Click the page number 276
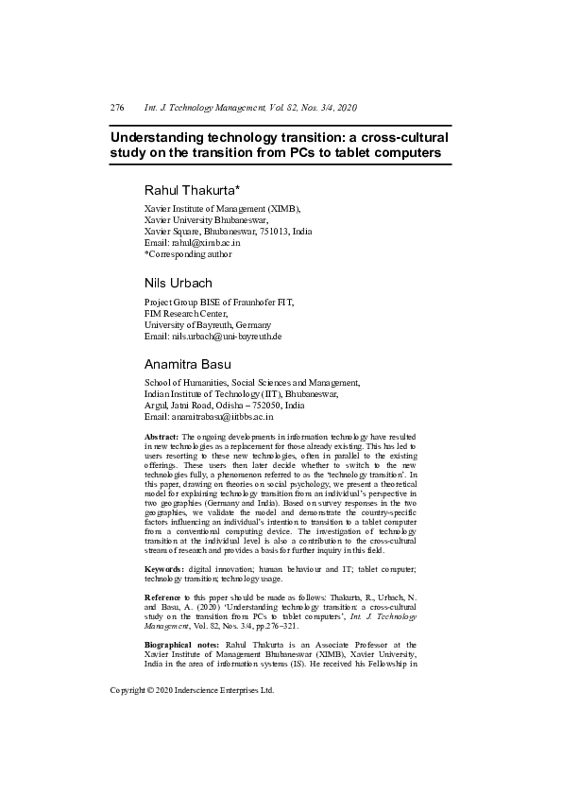pyautogui.click(x=117, y=108)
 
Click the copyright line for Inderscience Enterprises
pyautogui.click(x=192, y=664)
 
